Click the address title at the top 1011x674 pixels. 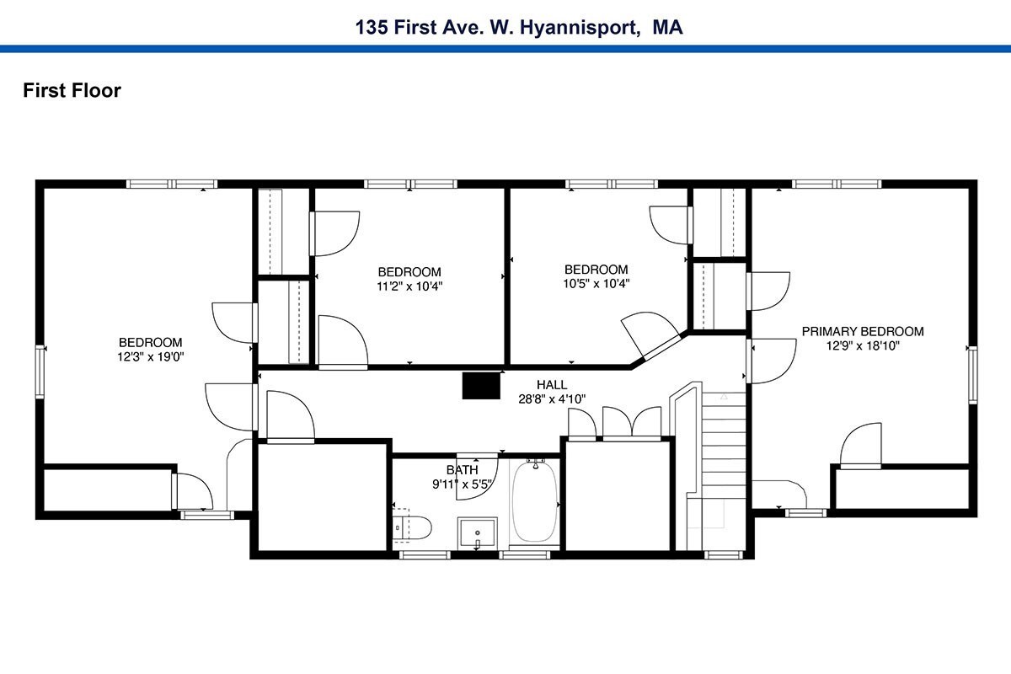click(x=519, y=28)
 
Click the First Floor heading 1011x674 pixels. click(x=72, y=90)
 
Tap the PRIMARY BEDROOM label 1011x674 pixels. click(x=863, y=331)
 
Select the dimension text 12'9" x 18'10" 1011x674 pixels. click(x=863, y=345)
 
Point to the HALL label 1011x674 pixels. click(x=552, y=385)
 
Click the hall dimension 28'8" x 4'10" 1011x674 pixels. click(x=552, y=399)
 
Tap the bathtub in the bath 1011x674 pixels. click(x=535, y=501)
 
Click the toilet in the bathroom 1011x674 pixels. click(x=411, y=527)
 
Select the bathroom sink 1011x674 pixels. click(x=477, y=533)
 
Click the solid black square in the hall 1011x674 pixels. click(x=481, y=386)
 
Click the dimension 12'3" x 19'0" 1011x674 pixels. click(x=150, y=356)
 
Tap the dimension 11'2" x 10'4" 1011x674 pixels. click(x=409, y=286)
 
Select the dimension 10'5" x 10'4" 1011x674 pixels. click(x=596, y=284)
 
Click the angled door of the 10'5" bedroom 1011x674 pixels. click(x=661, y=348)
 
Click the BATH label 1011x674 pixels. click(x=462, y=470)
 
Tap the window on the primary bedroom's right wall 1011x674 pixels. click(x=972, y=375)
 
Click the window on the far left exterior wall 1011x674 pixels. click(x=40, y=372)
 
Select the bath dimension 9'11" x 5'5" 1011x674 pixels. click(x=462, y=484)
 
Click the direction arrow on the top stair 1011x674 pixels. click(x=724, y=397)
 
